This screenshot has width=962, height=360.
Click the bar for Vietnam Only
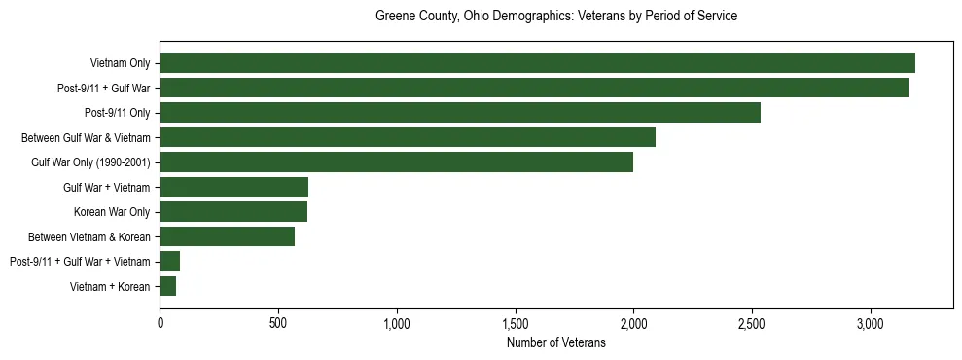(537, 63)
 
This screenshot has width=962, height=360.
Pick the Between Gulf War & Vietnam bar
(408, 137)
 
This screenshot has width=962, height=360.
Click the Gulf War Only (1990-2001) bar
(396, 162)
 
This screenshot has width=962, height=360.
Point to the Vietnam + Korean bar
(168, 286)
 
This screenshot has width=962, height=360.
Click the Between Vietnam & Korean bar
(228, 236)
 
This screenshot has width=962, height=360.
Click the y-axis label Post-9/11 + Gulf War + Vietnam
(80, 262)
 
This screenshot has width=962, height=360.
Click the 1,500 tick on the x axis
(515, 323)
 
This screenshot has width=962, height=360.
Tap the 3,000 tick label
(870, 323)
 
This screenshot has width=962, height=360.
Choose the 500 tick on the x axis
(278, 323)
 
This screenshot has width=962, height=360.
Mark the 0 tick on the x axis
(160, 323)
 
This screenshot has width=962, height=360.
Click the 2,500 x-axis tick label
(751, 323)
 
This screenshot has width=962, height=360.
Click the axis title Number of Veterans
(555, 343)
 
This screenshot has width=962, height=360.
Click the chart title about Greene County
(555, 17)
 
